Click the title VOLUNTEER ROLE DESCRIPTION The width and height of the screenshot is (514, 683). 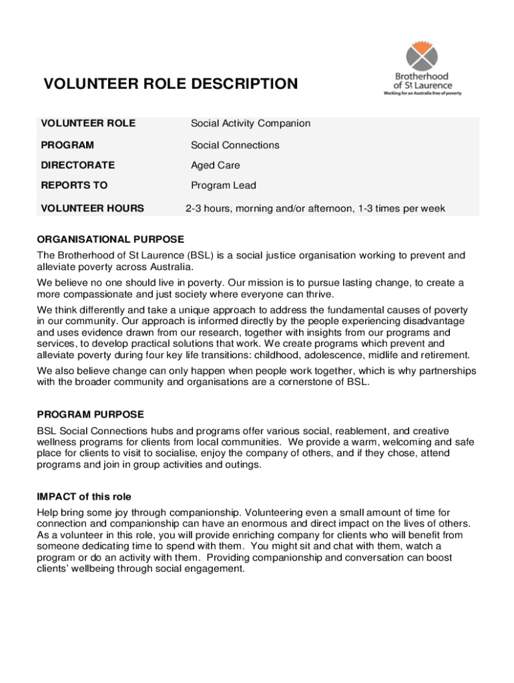coord(171,84)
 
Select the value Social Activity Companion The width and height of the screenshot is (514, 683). coord(250,123)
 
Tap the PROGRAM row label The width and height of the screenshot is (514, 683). coord(67,145)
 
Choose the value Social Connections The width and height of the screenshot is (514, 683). coord(235,145)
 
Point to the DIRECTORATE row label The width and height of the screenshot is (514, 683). coord(78,165)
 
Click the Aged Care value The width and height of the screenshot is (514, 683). coord(215,165)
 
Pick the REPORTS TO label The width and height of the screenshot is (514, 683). coord(74,185)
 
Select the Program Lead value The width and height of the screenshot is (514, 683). coord(223,185)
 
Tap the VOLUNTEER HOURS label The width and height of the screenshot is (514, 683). coord(92,208)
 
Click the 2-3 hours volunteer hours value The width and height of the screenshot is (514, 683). coord(315,208)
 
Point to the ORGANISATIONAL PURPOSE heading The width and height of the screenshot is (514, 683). coord(111,239)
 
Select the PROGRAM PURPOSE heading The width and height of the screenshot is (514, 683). coord(91,415)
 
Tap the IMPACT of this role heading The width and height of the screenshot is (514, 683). coord(85,496)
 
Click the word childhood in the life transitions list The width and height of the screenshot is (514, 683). coord(309,354)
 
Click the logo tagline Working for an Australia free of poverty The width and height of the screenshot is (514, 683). coord(422,93)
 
